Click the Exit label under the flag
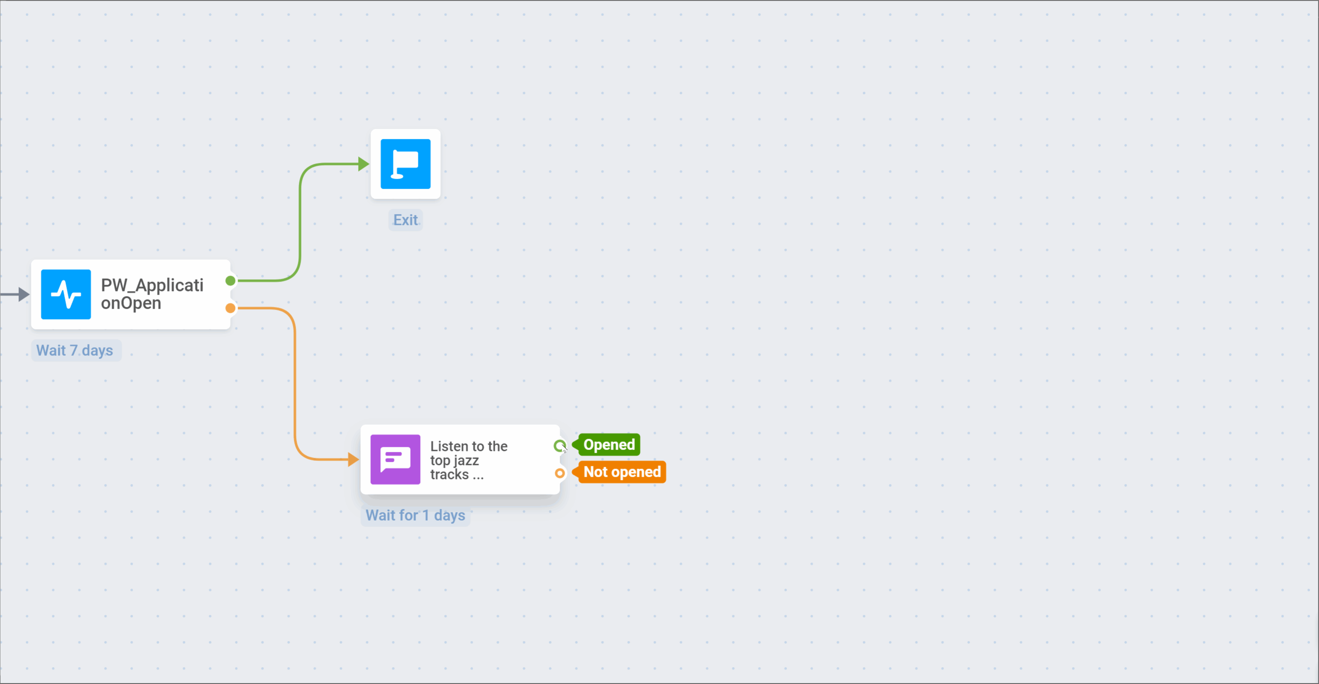coord(405,220)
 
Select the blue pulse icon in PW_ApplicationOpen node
coord(66,294)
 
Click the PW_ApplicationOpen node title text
coord(152,294)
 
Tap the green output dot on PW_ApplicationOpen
coord(230,281)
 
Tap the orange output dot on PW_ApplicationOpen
coord(230,308)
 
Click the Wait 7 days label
coord(75,351)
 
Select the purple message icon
coord(395,459)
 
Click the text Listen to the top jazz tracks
coord(468,460)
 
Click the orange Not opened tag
coord(621,472)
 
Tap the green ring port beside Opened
coord(559,446)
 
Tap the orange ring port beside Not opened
coord(560,473)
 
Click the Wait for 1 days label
coord(415,515)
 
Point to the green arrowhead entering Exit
coord(364,164)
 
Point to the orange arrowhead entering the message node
coord(353,459)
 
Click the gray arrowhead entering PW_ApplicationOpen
coord(24,294)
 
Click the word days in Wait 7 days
coord(97,351)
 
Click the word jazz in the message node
coord(466,460)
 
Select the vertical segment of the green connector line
coord(300,220)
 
